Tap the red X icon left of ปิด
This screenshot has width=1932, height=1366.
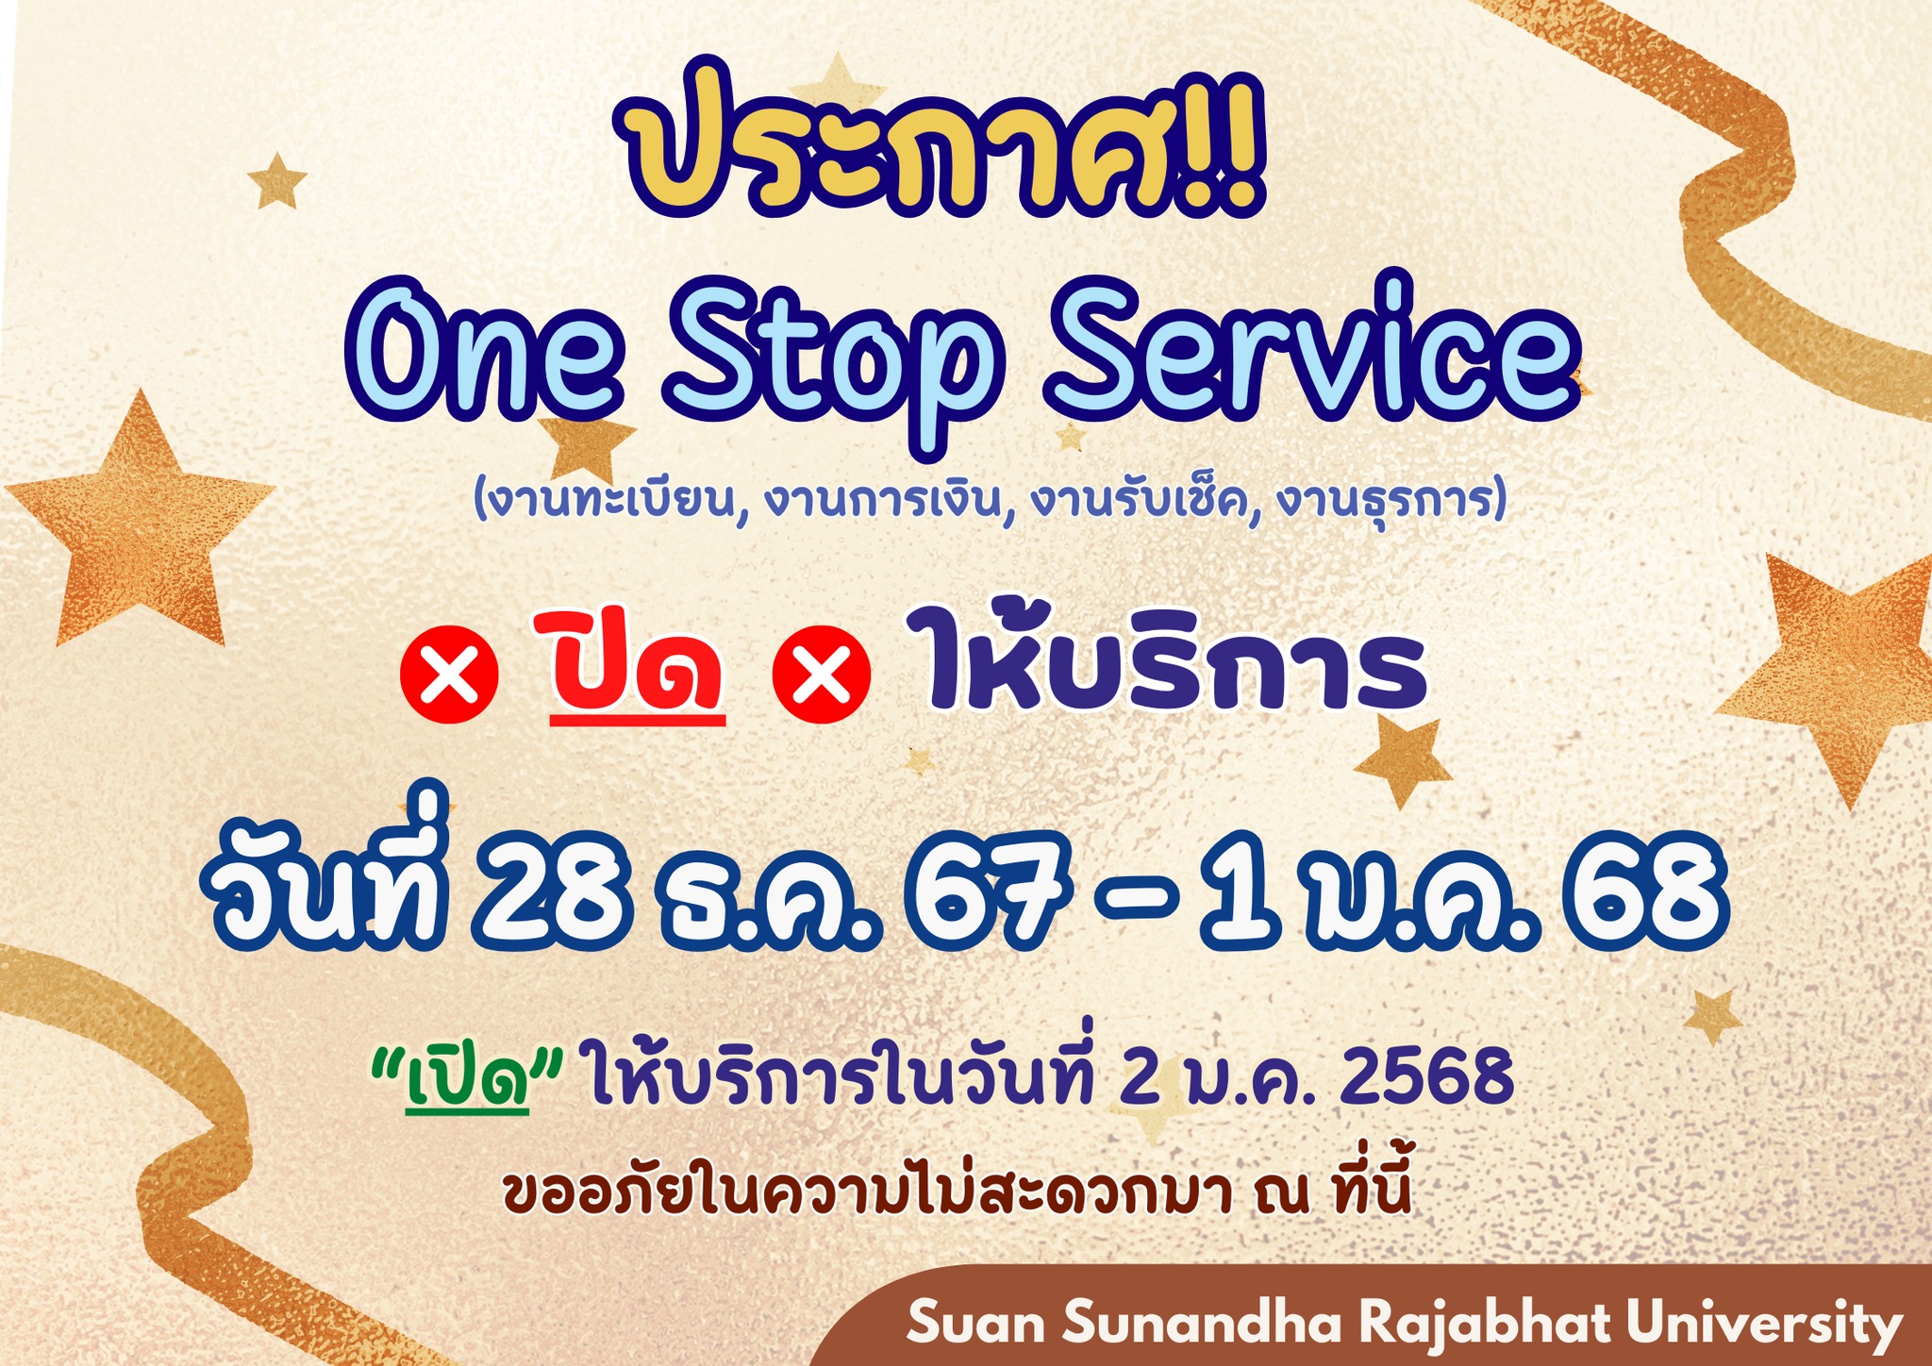450,675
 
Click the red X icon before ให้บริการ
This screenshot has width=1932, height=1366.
821,675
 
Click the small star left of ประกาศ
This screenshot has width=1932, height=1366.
276,180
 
